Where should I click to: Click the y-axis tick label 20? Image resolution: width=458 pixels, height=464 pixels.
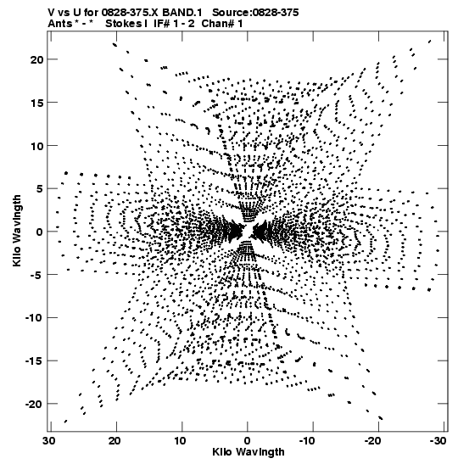pyautogui.click(x=36, y=59)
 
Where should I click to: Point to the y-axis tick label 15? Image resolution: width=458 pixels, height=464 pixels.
pyautogui.click(x=37, y=103)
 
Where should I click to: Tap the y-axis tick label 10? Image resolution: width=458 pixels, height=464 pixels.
pyautogui.click(x=37, y=146)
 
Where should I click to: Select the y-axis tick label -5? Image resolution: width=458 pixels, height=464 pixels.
pyautogui.click(x=36, y=275)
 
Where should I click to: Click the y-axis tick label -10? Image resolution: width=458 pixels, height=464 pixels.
pyautogui.click(x=34, y=318)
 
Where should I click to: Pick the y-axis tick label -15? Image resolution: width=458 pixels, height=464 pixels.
pyautogui.click(x=34, y=361)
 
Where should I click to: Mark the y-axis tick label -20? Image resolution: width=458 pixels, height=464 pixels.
pyautogui.click(x=34, y=404)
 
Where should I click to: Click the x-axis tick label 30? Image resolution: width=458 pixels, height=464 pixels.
pyautogui.click(x=49, y=441)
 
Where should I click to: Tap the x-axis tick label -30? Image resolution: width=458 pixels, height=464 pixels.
pyautogui.click(x=438, y=441)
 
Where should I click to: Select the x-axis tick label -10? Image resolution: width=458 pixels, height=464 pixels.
pyautogui.click(x=307, y=441)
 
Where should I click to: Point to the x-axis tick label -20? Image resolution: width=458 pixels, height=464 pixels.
pyautogui.click(x=372, y=441)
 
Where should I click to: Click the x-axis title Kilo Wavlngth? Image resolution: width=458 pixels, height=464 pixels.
pyautogui.click(x=249, y=452)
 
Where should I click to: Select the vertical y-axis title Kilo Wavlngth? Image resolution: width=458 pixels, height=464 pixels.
pyautogui.click(x=17, y=231)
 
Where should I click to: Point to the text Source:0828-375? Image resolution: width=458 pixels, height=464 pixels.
pyautogui.click(x=255, y=13)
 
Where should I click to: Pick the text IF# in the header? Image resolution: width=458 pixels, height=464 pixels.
pyautogui.click(x=161, y=24)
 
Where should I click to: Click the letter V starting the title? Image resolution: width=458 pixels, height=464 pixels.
pyautogui.click(x=51, y=13)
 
